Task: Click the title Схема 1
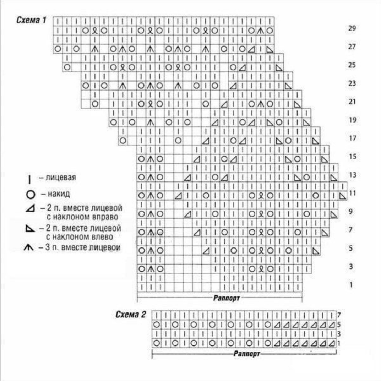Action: [31, 20]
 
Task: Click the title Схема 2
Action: [130, 314]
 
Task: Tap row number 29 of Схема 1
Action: [352, 28]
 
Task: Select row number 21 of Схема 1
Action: [352, 102]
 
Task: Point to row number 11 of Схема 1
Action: [352, 193]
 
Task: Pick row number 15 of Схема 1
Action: [353, 157]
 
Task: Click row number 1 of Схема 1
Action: [351, 285]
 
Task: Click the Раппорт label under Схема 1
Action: [227, 298]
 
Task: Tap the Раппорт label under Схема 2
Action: [247, 354]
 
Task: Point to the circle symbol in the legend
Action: [31, 195]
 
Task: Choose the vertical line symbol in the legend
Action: [29, 180]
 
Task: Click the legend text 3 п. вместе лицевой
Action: [83, 247]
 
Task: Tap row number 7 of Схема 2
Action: [339, 315]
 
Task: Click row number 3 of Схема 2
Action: [339, 334]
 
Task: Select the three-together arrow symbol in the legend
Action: [29, 247]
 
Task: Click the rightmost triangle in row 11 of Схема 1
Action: [343, 196]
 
